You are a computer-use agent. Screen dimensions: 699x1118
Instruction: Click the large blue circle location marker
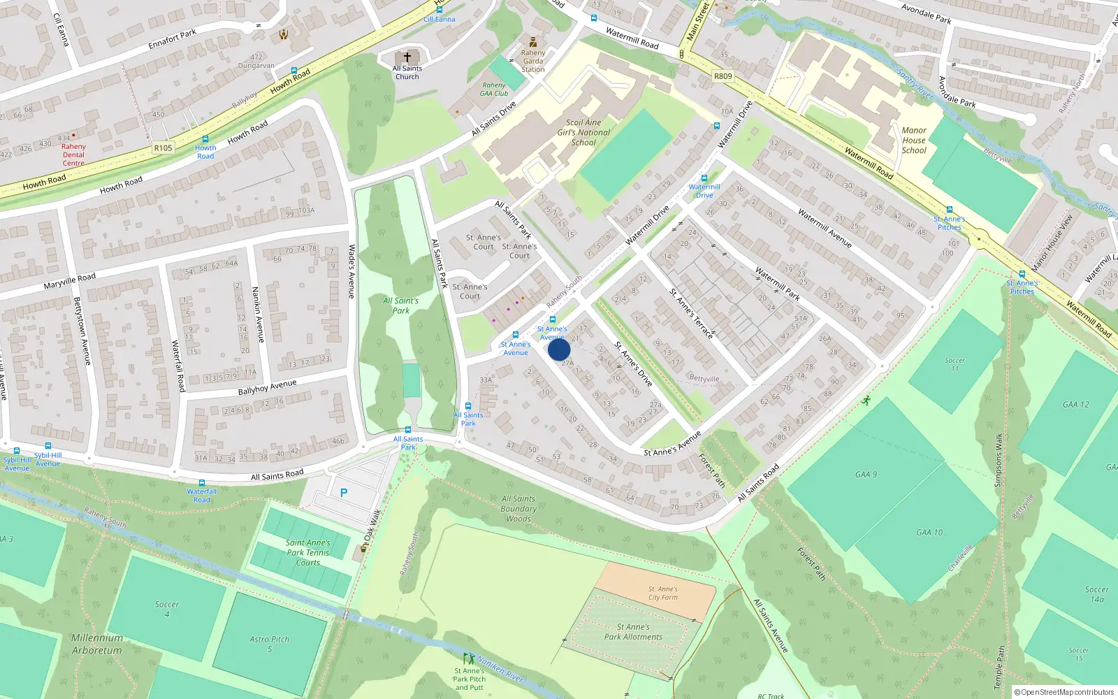point(559,349)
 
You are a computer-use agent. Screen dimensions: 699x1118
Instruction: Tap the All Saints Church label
point(407,73)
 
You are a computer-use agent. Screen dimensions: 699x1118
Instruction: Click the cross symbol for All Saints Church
point(407,57)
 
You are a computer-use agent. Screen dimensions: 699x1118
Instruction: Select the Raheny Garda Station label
point(533,61)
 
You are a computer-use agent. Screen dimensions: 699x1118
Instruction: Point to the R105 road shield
point(163,147)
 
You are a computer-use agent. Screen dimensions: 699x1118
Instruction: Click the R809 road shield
point(723,76)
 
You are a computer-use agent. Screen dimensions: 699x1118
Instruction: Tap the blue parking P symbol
point(344,493)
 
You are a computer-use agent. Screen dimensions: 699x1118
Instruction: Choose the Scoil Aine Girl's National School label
point(583,132)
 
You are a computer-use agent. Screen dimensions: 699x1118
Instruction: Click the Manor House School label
point(914,140)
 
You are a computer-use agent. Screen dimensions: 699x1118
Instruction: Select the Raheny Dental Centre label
point(73,155)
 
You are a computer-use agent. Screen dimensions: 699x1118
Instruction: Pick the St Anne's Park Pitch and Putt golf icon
point(469,658)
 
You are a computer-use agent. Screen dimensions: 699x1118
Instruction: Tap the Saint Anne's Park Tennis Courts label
point(308,552)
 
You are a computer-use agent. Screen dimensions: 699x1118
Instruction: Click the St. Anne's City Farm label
point(663,593)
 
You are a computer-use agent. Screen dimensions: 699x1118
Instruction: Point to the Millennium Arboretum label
point(96,644)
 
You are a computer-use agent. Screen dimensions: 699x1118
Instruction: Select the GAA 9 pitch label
point(866,475)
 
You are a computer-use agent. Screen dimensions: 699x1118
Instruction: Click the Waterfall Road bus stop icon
point(202,483)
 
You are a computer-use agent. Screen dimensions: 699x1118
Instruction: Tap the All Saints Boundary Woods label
point(518,509)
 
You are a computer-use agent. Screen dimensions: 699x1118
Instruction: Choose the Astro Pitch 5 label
point(270,644)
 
